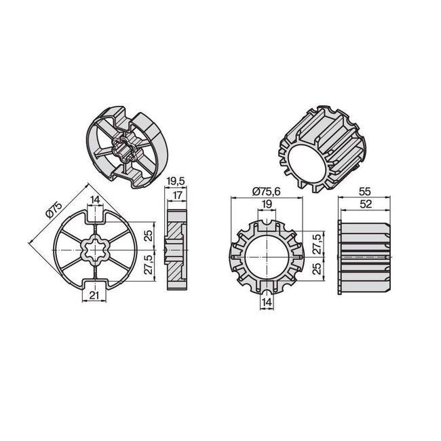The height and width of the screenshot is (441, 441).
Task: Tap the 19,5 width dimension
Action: click(174, 181)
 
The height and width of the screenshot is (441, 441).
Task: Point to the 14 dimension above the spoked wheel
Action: click(94, 199)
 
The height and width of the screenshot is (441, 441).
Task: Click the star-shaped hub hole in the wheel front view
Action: click(94, 254)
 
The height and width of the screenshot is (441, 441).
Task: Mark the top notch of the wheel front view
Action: click(94, 216)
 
